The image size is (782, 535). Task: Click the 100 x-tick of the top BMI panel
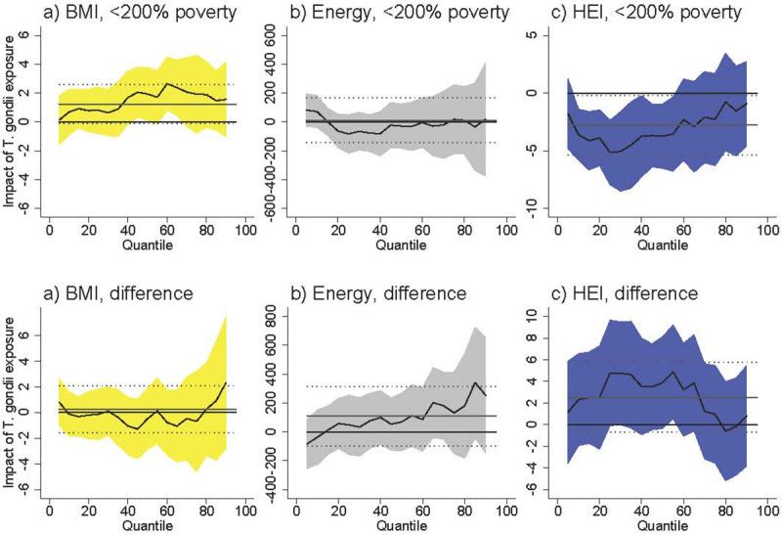point(243,232)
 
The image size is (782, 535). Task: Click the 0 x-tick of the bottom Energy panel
point(303,510)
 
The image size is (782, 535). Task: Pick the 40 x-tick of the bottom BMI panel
point(127,510)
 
